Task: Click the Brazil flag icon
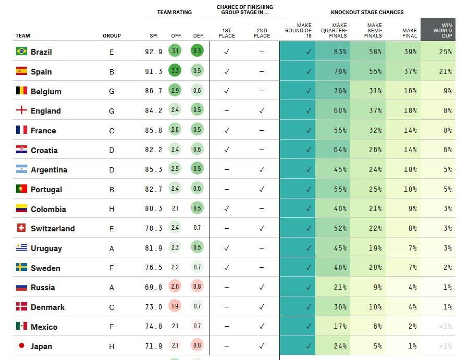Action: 21,51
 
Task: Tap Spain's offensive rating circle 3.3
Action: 175,71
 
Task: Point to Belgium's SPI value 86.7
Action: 153,91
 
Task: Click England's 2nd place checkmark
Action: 262,110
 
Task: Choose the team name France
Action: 43,131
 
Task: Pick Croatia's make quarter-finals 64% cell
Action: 333,150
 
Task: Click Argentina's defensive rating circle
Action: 197,169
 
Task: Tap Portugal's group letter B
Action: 112,190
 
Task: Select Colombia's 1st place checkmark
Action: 227,208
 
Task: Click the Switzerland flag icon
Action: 21,228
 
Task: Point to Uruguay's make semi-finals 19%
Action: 375,248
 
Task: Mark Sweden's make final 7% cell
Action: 403,267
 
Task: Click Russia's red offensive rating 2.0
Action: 175,287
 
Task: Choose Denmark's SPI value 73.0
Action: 153,307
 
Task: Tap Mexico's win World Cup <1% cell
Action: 438,326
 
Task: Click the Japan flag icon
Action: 21,346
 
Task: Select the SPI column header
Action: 154,36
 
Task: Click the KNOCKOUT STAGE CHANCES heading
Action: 367,12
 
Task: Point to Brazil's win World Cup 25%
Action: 445,52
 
